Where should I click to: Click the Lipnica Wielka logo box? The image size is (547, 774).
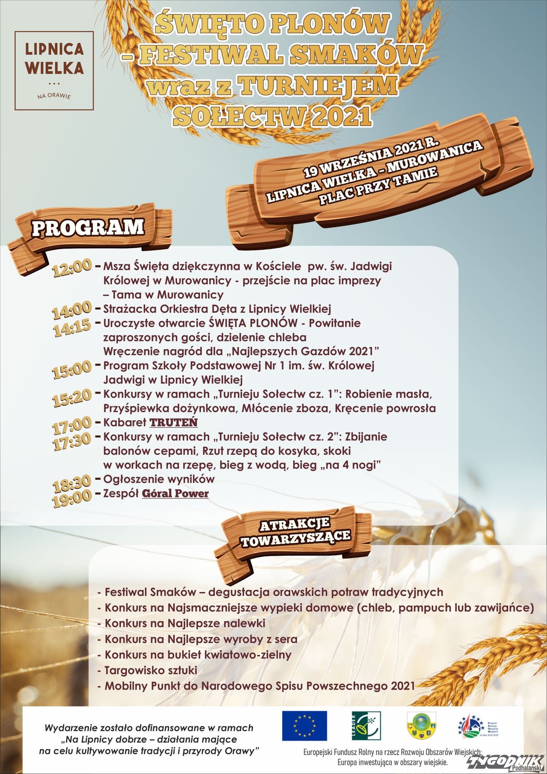(54, 70)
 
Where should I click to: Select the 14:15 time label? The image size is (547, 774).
(72, 327)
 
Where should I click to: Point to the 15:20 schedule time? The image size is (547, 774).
(72, 398)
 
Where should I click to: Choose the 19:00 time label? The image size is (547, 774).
(72, 498)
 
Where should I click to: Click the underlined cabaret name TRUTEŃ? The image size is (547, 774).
(174, 422)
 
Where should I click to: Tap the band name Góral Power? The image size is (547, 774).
(175, 493)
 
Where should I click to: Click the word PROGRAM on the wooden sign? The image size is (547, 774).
(88, 228)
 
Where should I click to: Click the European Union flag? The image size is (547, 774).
(304, 725)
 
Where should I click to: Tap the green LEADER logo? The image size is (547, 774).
(366, 725)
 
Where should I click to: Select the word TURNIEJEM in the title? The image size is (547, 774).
(317, 85)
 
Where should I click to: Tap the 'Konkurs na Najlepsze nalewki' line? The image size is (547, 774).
(184, 623)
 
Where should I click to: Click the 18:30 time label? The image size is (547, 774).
(72, 483)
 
